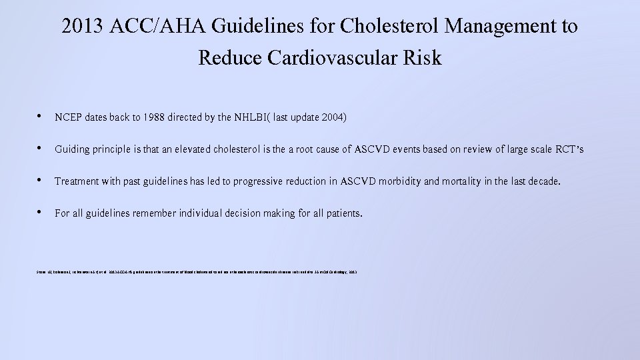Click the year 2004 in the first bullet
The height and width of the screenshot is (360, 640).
[x=332, y=117]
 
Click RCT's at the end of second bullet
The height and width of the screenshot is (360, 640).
[x=568, y=149]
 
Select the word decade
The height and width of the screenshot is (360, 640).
[x=542, y=181]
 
